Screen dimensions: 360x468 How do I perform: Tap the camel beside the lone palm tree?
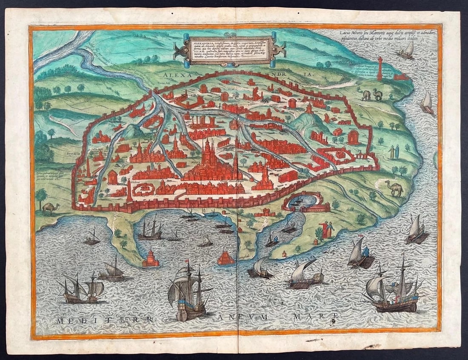[x=51, y=207]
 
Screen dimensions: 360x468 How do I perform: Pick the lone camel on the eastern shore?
[x=394, y=188]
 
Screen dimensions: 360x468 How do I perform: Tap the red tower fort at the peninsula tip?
[x=151, y=259]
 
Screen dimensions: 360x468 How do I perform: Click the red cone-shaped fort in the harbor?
[x=226, y=257]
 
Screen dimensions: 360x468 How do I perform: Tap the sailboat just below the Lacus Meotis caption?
[x=407, y=51]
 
